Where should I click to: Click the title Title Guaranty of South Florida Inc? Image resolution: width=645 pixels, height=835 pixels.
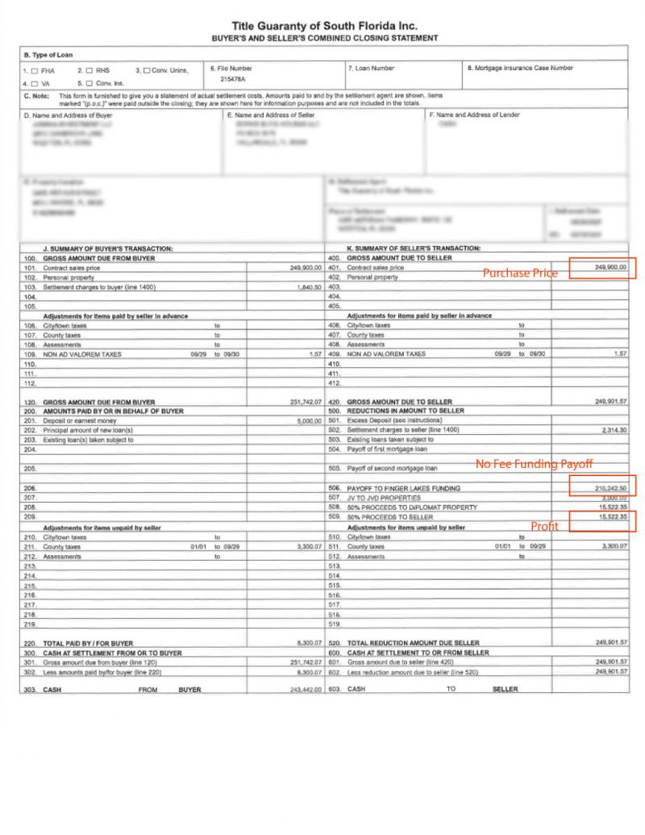point(324,27)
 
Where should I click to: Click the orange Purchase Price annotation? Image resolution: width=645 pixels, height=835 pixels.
point(520,273)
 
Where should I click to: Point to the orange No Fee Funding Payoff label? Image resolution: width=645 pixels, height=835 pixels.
point(534,464)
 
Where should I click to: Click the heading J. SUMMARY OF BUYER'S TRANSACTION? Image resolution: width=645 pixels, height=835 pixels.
point(108,248)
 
